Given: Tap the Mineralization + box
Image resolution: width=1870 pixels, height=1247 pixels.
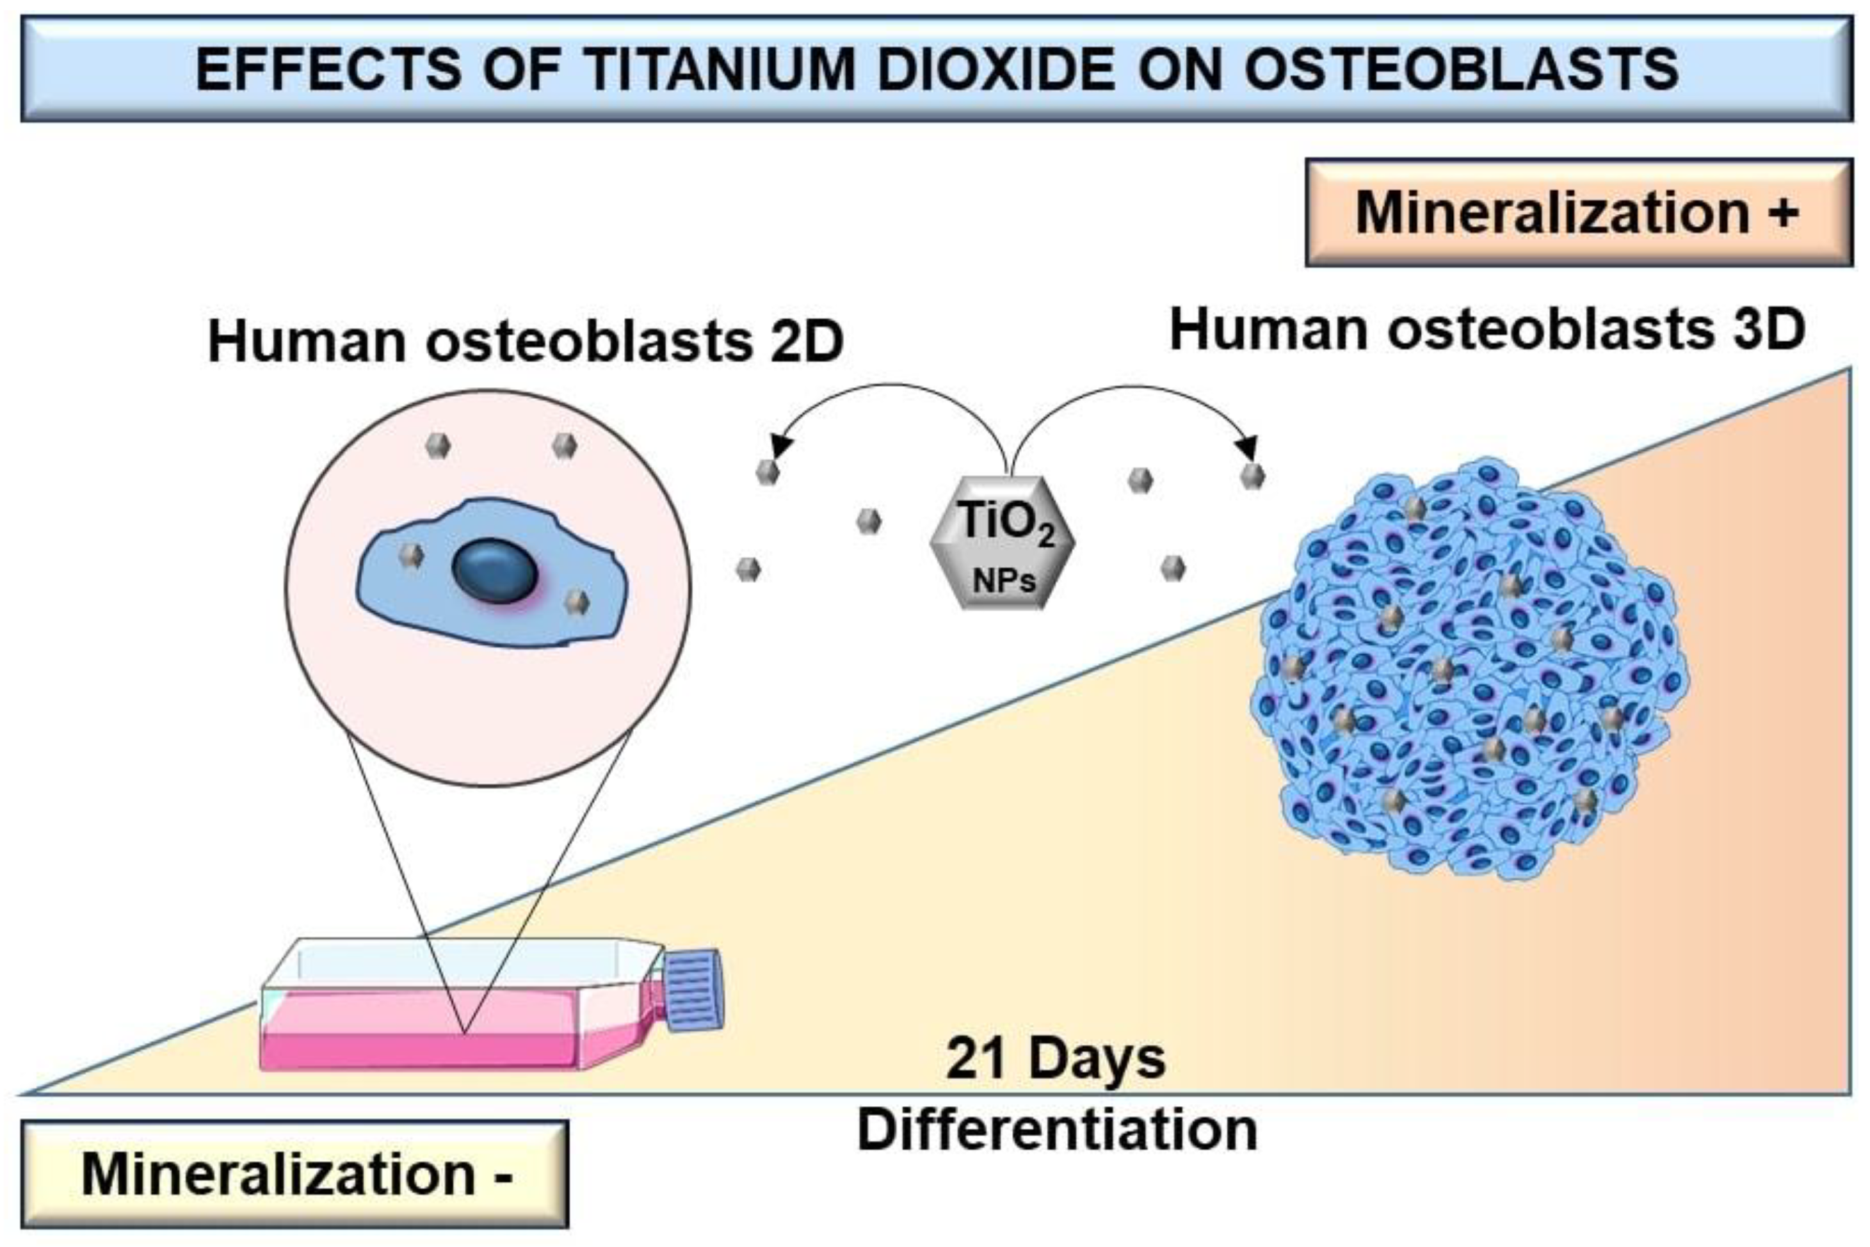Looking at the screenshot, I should (x=1578, y=213).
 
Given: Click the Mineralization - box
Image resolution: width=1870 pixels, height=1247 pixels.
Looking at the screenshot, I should (x=294, y=1175).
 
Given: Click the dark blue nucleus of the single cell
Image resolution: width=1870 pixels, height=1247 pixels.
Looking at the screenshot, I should (x=495, y=570).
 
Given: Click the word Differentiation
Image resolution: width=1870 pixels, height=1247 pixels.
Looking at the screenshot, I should (x=1057, y=1129).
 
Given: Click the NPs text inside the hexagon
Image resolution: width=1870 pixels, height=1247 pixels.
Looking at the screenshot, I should (x=1004, y=581).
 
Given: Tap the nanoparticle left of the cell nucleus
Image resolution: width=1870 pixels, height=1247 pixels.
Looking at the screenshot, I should (x=411, y=555).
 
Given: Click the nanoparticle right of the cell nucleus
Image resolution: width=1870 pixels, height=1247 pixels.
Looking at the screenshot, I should (x=577, y=602).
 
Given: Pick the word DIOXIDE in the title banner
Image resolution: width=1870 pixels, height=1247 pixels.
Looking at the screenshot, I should (x=995, y=69).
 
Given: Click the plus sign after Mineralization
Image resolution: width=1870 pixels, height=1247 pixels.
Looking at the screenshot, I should (x=1785, y=213).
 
